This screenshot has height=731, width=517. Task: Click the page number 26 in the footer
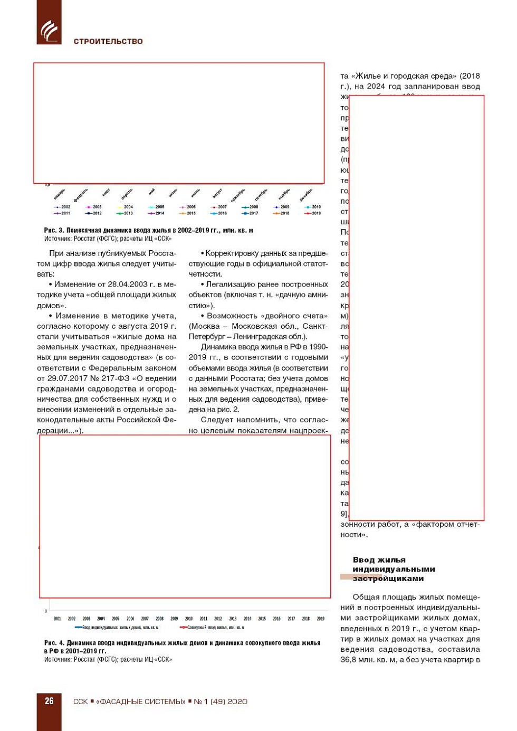pos(49,701)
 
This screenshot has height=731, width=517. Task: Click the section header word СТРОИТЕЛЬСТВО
pos(108,41)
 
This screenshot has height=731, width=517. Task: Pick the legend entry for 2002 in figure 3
pos(63,207)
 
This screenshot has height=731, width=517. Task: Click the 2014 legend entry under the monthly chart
pos(157,213)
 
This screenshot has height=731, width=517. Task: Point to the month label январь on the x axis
pos(60,194)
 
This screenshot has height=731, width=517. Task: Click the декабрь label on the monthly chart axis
pos(306,194)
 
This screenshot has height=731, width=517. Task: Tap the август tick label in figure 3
pos(217,194)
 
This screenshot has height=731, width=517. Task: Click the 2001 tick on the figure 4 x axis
pos(57,619)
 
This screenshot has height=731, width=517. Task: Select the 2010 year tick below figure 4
pos(189,619)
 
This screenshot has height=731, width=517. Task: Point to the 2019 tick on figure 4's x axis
pos(320,619)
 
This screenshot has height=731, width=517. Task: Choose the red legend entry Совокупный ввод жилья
pos(213,628)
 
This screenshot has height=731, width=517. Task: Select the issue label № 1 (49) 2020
pos(221,701)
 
